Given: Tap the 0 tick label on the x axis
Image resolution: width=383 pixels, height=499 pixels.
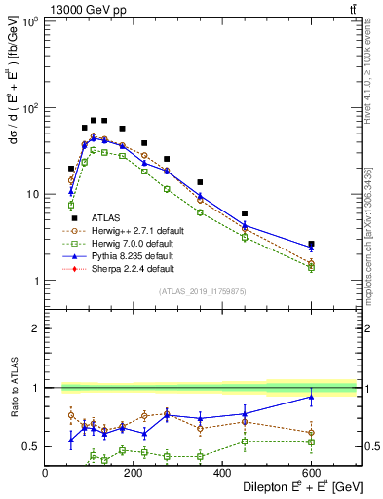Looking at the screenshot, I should pos(46,475).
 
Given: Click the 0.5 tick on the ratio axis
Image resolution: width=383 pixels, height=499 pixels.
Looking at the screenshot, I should pos(32,446).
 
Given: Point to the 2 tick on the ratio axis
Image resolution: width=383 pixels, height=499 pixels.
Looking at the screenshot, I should pos(37,328).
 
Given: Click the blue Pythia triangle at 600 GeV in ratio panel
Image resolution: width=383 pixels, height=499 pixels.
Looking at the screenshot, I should pos(311,397).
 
